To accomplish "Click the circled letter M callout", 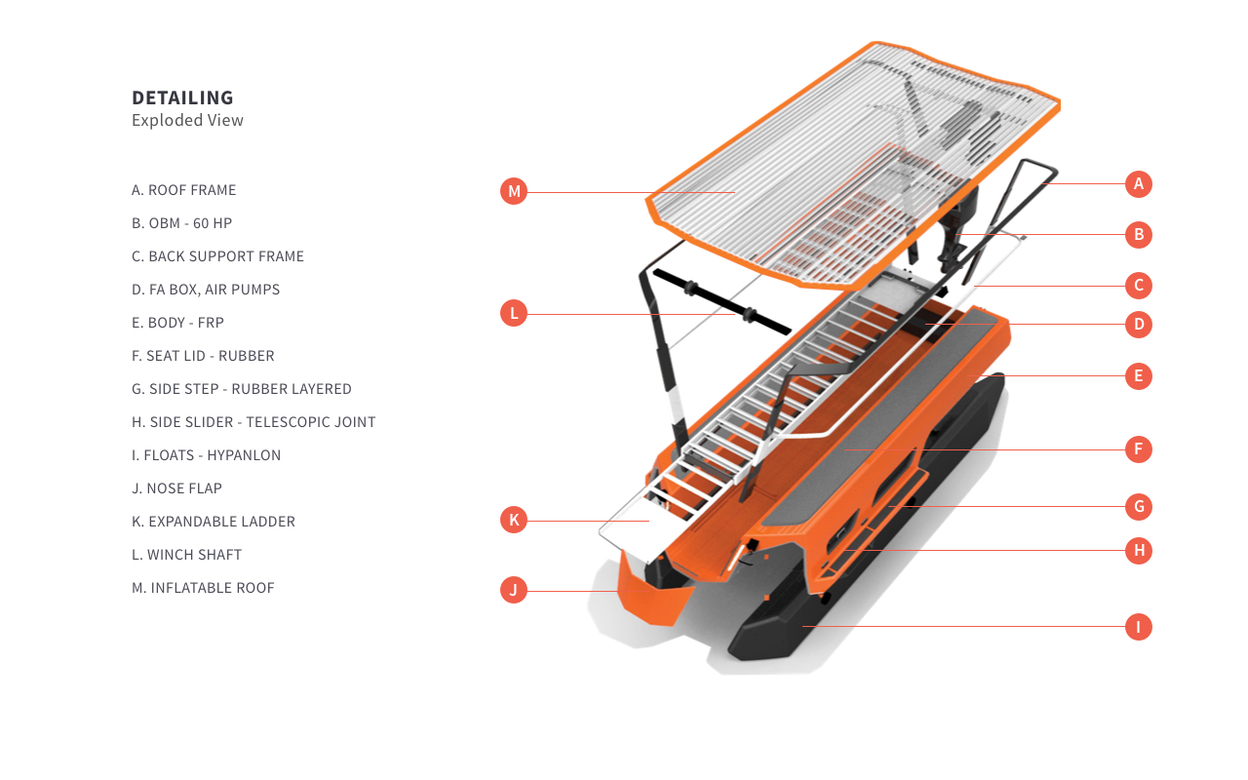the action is click(514, 192).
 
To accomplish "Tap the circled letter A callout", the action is click(1138, 184).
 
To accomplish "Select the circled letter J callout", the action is click(514, 590).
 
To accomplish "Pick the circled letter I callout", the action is click(1138, 627).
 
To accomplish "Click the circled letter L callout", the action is click(514, 314).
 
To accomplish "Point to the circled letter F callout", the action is click(1138, 449).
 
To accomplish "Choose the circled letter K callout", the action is click(514, 521).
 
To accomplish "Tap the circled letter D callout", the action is click(1138, 325).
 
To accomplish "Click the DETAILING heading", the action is click(182, 98).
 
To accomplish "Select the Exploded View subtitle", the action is click(187, 120).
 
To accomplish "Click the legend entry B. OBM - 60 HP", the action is click(181, 223).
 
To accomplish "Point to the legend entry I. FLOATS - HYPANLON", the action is click(206, 455).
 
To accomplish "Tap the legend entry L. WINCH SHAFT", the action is click(186, 555).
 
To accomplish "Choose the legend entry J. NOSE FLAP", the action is click(176, 488).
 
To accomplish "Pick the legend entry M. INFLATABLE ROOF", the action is click(203, 588).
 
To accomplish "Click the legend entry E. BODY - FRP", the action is click(177, 323).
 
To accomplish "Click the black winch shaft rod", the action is click(722, 302).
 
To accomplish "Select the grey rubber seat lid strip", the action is click(880, 418).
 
